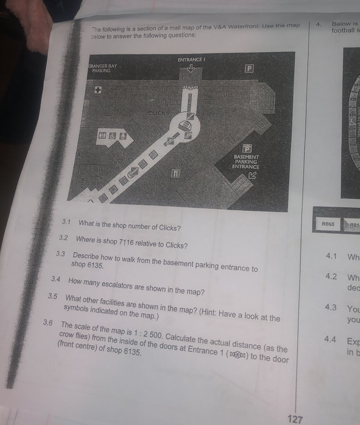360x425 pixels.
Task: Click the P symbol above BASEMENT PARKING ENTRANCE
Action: click(247, 148)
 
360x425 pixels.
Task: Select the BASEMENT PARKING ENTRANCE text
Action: click(246, 162)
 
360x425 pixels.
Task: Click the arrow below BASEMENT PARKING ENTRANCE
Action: click(252, 175)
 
